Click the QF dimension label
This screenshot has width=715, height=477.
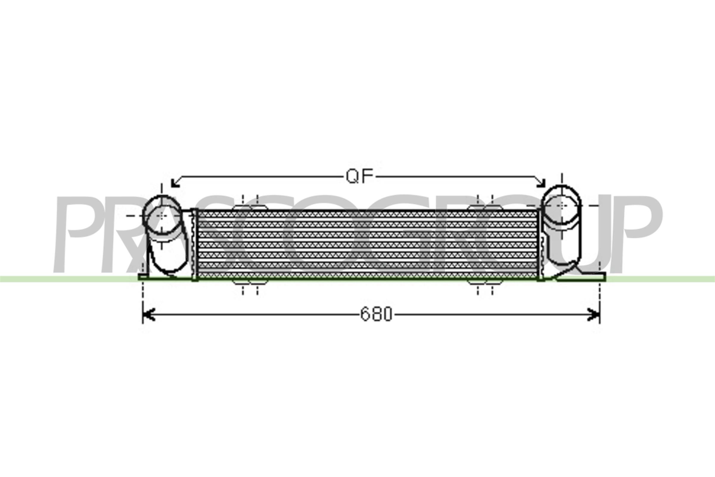click(x=359, y=177)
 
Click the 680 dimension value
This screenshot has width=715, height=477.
click(x=376, y=314)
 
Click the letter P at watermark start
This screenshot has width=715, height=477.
click(x=82, y=234)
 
